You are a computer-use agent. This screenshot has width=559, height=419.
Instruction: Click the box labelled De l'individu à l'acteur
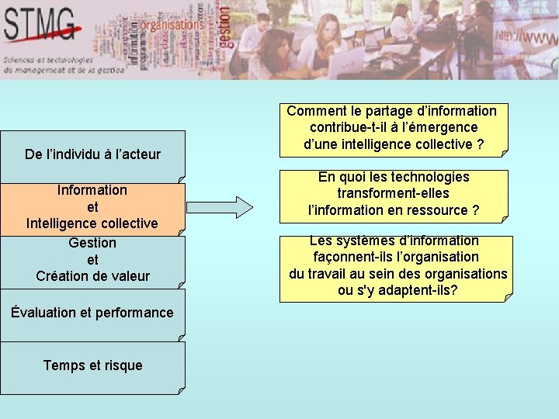[x=92, y=154]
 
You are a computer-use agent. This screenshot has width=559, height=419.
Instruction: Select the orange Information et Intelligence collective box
[x=92, y=206]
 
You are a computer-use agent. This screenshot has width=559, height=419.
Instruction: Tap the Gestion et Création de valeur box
[x=92, y=259]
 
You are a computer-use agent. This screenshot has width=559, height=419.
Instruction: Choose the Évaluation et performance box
[x=92, y=313]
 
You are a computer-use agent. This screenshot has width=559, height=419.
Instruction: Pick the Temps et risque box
[x=92, y=365]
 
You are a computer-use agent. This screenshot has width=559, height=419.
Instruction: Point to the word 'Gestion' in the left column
[x=92, y=243]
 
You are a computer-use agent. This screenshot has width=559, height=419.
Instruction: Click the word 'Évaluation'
[x=43, y=313]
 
